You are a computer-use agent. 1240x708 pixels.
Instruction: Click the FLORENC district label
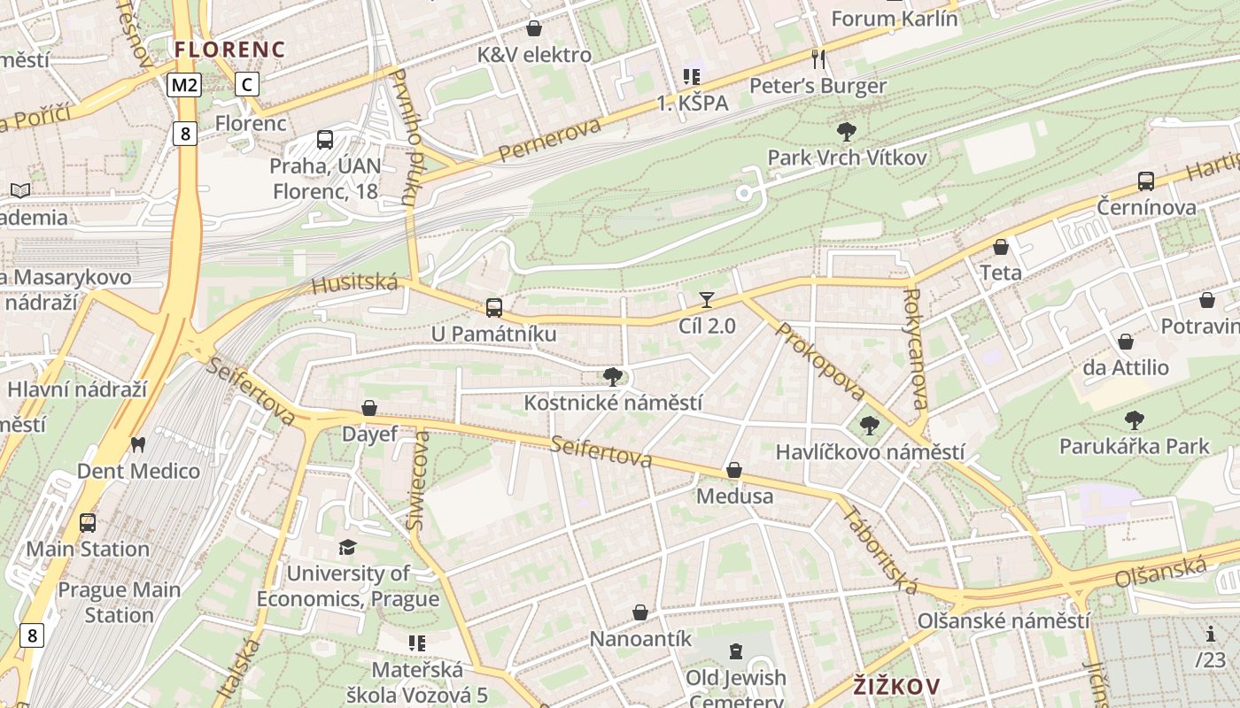(229, 49)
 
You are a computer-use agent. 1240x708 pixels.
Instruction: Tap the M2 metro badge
(184, 85)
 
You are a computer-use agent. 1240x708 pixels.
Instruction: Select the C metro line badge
(247, 85)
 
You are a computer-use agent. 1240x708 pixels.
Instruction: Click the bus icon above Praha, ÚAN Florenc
(325, 139)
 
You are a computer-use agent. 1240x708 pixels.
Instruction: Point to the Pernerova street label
(549, 140)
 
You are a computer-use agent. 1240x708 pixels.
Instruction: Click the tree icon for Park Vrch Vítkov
(847, 132)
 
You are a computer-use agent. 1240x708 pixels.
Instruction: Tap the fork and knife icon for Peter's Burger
(818, 59)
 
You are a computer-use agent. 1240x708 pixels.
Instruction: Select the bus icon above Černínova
(1146, 181)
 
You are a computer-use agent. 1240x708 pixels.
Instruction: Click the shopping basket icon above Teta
(1001, 247)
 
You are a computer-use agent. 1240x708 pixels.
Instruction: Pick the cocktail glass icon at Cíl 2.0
(706, 300)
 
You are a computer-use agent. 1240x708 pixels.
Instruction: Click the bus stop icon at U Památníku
(493, 308)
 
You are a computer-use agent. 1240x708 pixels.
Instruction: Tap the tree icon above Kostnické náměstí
(612, 377)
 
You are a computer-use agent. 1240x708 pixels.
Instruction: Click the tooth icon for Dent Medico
(137, 444)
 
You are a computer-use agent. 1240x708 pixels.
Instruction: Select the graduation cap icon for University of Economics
(347, 548)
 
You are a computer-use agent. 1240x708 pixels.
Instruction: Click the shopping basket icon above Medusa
(734, 470)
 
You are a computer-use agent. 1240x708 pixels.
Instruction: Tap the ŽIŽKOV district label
(896, 686)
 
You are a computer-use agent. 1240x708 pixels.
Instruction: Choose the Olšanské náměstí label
(1003, 621)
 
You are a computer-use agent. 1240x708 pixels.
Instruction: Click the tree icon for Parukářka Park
(1134, 420)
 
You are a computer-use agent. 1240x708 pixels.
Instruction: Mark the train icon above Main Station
(87, 523)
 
